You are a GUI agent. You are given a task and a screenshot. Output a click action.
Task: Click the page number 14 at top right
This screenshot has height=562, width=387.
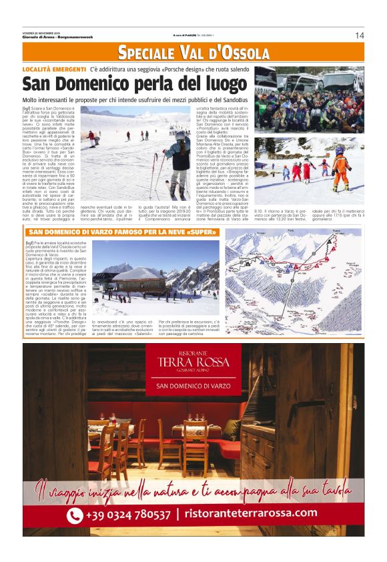pyautogui.click(x=360, y=35)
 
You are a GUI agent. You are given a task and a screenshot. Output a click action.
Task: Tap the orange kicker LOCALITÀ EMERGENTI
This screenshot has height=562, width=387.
pyautogui.click(x=54, y=69)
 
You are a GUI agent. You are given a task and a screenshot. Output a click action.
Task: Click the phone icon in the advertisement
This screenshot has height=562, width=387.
pyautogui.click(x=75, y=515)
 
